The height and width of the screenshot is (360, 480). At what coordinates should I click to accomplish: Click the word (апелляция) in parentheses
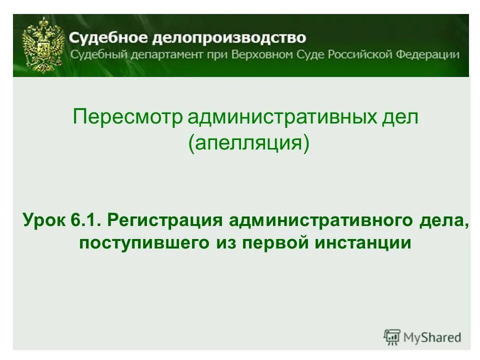coord(249,144)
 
